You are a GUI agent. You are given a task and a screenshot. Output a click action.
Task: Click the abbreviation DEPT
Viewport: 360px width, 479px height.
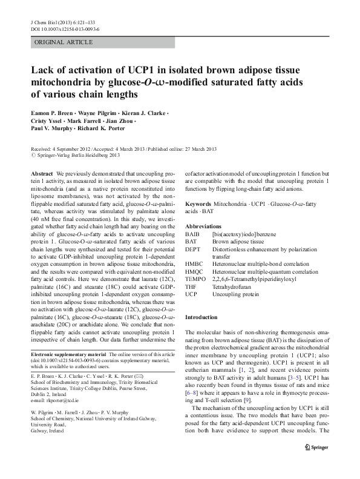click(x=192, y=248)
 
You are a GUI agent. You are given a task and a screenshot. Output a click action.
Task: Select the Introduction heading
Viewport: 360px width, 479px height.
click(x=201, y=318)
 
